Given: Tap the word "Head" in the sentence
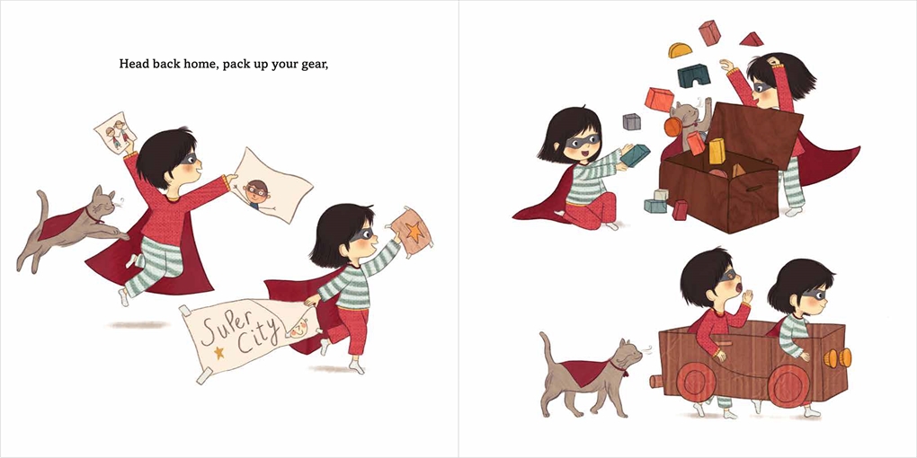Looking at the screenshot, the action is [x=131, y=63].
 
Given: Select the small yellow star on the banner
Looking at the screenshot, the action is [x=218, y=353].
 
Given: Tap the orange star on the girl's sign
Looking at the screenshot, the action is [x=414, y=233].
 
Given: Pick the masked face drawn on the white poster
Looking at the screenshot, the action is [x=256, y=193].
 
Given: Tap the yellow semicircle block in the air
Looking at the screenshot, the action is [x=681, y=50].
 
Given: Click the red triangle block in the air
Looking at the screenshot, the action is [x=752, y=40].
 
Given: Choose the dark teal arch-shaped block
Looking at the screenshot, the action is [x=694, y=76].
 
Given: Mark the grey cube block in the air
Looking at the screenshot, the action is [x=632, y=121].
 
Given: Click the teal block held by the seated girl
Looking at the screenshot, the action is [x=635, y=155].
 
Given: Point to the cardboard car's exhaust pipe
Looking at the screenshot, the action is [x=655, y=382].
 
